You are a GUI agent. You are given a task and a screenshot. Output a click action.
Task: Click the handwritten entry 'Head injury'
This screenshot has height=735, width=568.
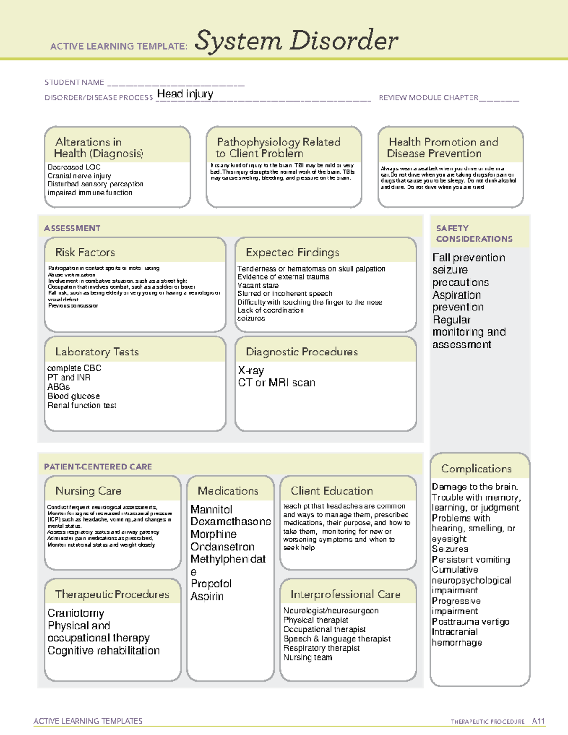tap(185, 94)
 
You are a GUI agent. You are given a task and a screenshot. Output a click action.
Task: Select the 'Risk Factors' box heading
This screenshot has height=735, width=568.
tap(85, 252)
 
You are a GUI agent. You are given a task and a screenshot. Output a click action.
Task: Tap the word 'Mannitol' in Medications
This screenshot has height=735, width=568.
tap(212, 510)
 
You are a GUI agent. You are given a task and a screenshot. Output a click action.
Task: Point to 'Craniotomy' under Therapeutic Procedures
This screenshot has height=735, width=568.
tap(76, 613)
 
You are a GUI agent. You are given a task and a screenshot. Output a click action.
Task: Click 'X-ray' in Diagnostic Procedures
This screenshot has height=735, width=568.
tap(251, 371)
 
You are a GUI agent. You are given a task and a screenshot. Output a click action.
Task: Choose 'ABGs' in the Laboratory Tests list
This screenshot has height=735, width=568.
tap(58, 387)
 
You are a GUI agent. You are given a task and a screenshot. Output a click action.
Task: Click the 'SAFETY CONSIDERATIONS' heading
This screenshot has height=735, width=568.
tap(474, 234)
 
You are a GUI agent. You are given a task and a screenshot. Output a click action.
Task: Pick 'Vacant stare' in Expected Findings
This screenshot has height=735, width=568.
tap(258, 285)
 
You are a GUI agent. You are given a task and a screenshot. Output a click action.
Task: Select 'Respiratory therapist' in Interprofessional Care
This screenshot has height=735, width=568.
tap(321, 648)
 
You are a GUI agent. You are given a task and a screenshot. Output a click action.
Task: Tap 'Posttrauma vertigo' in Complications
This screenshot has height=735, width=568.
tap(470, 622)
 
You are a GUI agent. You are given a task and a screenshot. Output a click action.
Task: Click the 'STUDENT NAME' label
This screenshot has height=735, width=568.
tap(74, 82)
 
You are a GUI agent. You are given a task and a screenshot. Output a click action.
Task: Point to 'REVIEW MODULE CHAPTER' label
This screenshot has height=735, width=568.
tap(428, 98)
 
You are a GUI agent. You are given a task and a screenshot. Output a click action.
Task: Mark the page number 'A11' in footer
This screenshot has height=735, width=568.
tap(538, 721)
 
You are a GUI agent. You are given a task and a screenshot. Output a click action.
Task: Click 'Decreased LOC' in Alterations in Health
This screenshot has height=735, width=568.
tap(74, 168)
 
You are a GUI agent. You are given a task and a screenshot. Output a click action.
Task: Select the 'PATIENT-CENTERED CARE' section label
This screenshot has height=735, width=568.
tap(98, 467)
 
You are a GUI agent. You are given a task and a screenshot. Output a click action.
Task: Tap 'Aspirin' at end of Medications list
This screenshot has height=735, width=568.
tap(207, 596)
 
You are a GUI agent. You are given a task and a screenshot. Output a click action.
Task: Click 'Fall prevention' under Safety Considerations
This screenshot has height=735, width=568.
tap(468, 258)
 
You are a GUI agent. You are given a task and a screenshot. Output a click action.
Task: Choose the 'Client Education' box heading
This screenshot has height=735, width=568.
tap(331, 491)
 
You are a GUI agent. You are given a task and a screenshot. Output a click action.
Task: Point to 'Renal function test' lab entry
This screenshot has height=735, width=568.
tap(82, 406)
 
